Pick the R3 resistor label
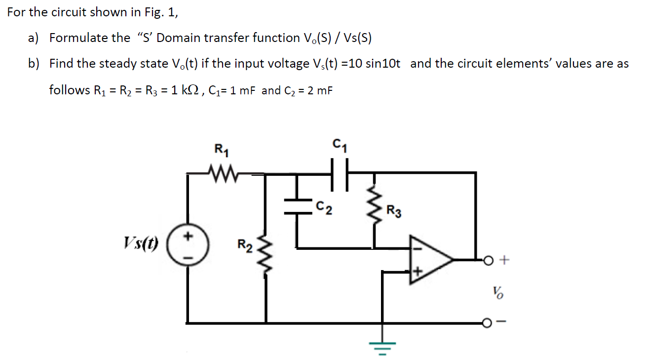coord(393,213)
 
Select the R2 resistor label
coord(245,244)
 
